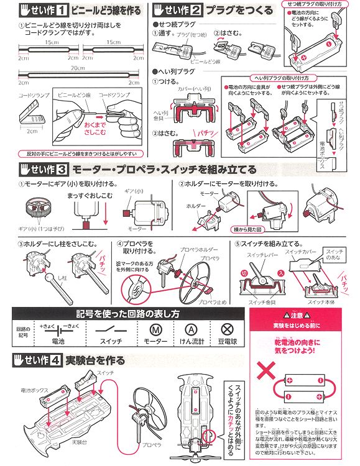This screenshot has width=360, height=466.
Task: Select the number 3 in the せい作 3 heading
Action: coord(62,168)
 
